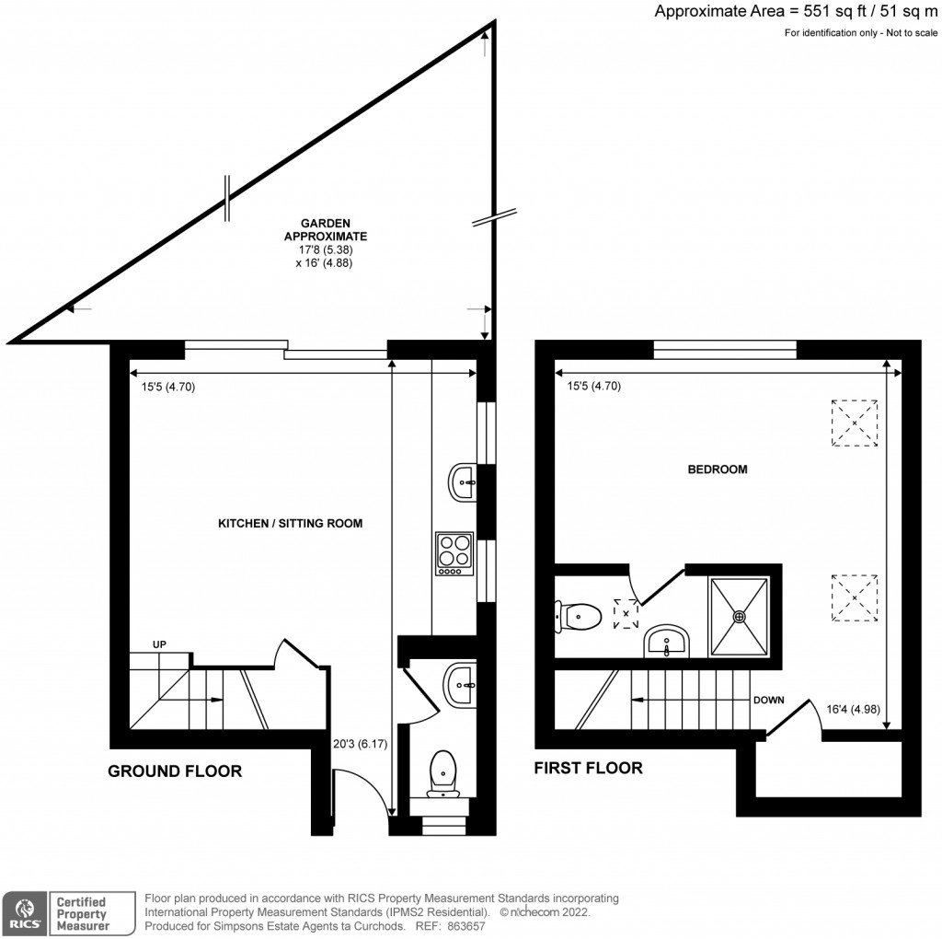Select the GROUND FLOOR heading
tap(175, 771)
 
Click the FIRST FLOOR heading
tap(589, 768)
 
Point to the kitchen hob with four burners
tap(454, 553)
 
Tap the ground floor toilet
tap(443, 771)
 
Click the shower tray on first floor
tap(738, 617)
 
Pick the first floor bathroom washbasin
tap(667, 641)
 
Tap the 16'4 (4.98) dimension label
tap(853, 710)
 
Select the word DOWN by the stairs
tap(769, 700)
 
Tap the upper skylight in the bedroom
tap(854, 423)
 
